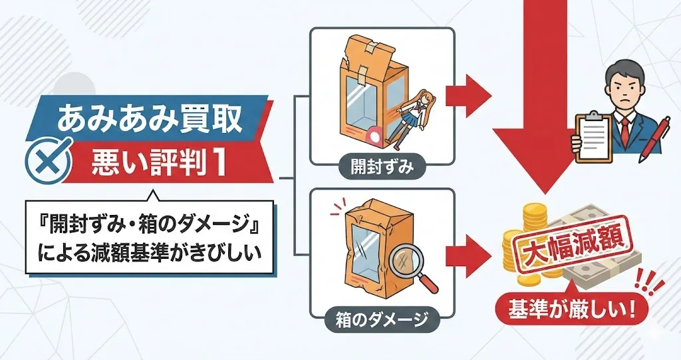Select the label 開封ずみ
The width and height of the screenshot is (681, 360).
point(382,167)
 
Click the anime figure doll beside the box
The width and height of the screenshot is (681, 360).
point(406,113)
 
